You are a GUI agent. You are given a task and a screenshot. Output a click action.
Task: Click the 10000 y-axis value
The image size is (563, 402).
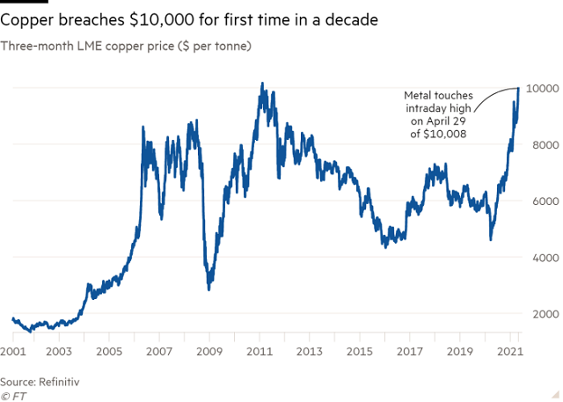544,89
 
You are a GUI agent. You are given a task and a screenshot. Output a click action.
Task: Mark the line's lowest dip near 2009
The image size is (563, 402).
208,289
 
